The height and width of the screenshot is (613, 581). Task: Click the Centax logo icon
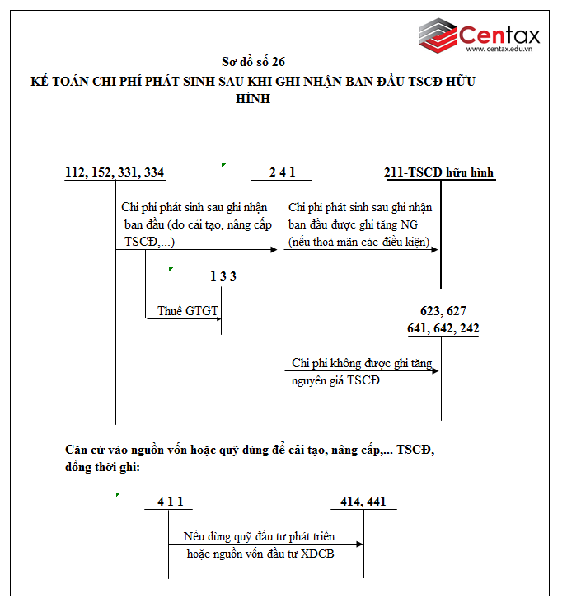437,35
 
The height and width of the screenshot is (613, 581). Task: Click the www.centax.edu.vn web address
501,50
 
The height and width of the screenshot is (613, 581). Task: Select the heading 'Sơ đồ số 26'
253,62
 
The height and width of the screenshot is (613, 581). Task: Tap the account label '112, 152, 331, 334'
115,172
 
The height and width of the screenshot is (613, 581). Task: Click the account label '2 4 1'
282,172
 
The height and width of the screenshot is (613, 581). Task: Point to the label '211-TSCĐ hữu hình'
439,172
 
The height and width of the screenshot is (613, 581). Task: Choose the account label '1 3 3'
223,276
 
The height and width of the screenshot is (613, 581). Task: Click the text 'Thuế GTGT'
188,311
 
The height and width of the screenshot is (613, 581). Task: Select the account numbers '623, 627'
443,311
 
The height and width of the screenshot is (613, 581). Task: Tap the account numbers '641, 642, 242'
443,328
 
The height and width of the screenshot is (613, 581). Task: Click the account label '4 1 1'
169,502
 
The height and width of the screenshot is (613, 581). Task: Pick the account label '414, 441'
363,502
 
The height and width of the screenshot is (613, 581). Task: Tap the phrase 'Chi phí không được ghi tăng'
360,363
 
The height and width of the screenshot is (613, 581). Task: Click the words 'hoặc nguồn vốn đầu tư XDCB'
260,554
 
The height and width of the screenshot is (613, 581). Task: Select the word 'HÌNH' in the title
253,99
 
